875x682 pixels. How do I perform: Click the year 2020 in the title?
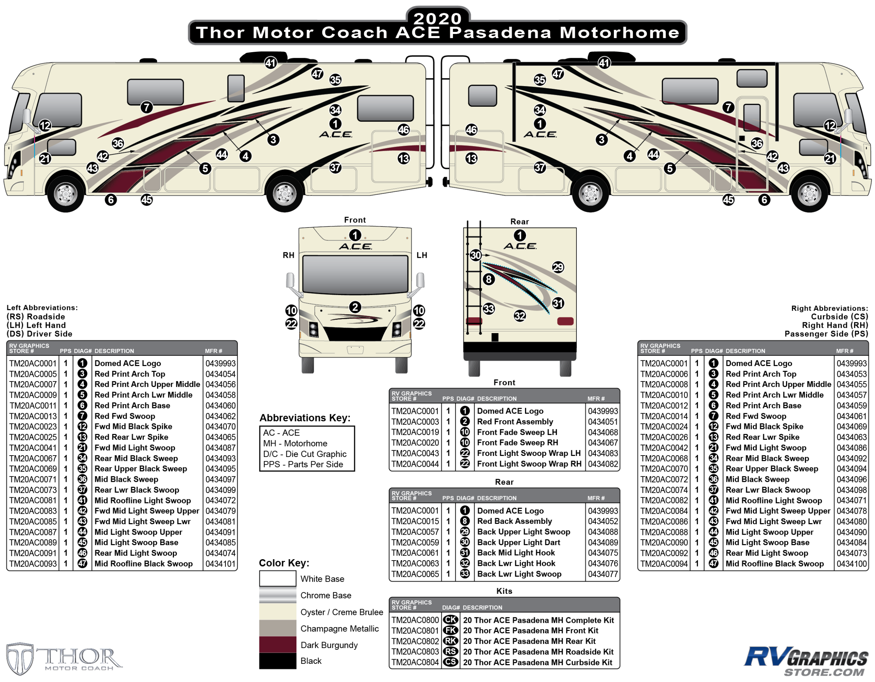tap(437, 19)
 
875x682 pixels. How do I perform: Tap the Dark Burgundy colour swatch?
tap(277, 644)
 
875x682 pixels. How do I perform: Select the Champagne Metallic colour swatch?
tap(277, 628)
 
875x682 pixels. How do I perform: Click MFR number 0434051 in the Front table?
tap(603, 421)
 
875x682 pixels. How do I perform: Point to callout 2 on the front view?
tap(355, 307)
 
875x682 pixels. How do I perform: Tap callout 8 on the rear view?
tap(488, 279)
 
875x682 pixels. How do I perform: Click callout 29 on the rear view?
tap(558, 267)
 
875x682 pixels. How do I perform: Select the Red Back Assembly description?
tap(514, 521)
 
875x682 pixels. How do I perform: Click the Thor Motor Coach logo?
tap(64, 659)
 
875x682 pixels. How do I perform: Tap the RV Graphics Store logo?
tap(805, 661)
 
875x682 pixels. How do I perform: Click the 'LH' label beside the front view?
tap(421, 255)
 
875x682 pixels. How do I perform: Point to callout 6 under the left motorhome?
tap(111, 199)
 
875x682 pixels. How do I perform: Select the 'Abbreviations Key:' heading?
tap(305, 418)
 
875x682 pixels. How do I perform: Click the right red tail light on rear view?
tap(565, 321)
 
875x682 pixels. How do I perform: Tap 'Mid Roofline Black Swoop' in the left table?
tap(143, 563)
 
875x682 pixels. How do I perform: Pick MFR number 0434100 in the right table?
tap(851, 563)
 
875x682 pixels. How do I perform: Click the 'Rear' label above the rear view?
tap(519, 222)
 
